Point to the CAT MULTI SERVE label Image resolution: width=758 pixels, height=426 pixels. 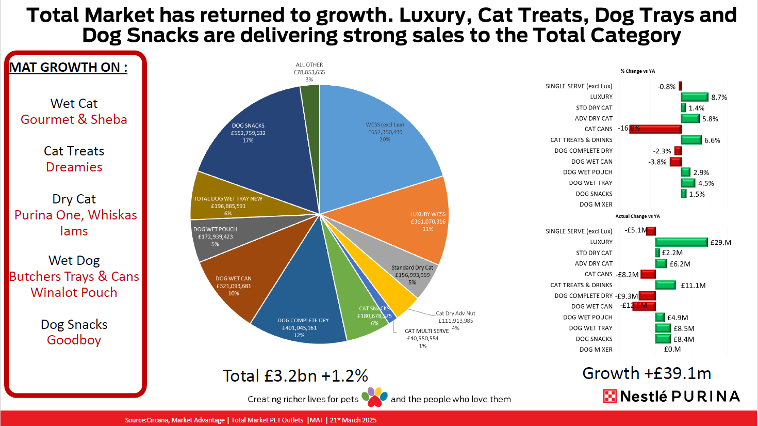pyautogui.click(x=426, y=331)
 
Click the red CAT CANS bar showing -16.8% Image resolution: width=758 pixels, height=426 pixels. pyautogui.click(x=655, y=129)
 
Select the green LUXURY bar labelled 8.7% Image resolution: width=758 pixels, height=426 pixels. pyautogui.click(x=694, y=97)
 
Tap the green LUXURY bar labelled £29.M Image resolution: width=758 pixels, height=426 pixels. pyautogui.click(x=681, y=242)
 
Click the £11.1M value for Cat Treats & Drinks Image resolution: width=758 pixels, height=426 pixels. pyautogui.click(x=693, y=286)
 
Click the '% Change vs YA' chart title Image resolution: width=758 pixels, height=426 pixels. pyautogui.click(x=637, y=71)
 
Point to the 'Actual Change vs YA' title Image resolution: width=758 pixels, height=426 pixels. pyautogui.click(x=637, y=216)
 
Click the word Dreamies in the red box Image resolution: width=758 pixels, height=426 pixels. pyautogui.click(x=74, y=167)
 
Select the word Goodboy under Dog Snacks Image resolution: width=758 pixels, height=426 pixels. pyautogui.click(x=74, y=340)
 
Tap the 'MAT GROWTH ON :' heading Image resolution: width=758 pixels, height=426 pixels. pyautogui.click(x=68, y=68)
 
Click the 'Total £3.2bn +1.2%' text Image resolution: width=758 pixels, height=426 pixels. pyautogui.click(x=295, y=376)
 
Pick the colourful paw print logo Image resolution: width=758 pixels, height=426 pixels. pyautogui.click(x=374, y=397)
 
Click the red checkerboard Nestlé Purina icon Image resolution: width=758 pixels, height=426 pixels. pyautogui.click(x=610, y=397)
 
